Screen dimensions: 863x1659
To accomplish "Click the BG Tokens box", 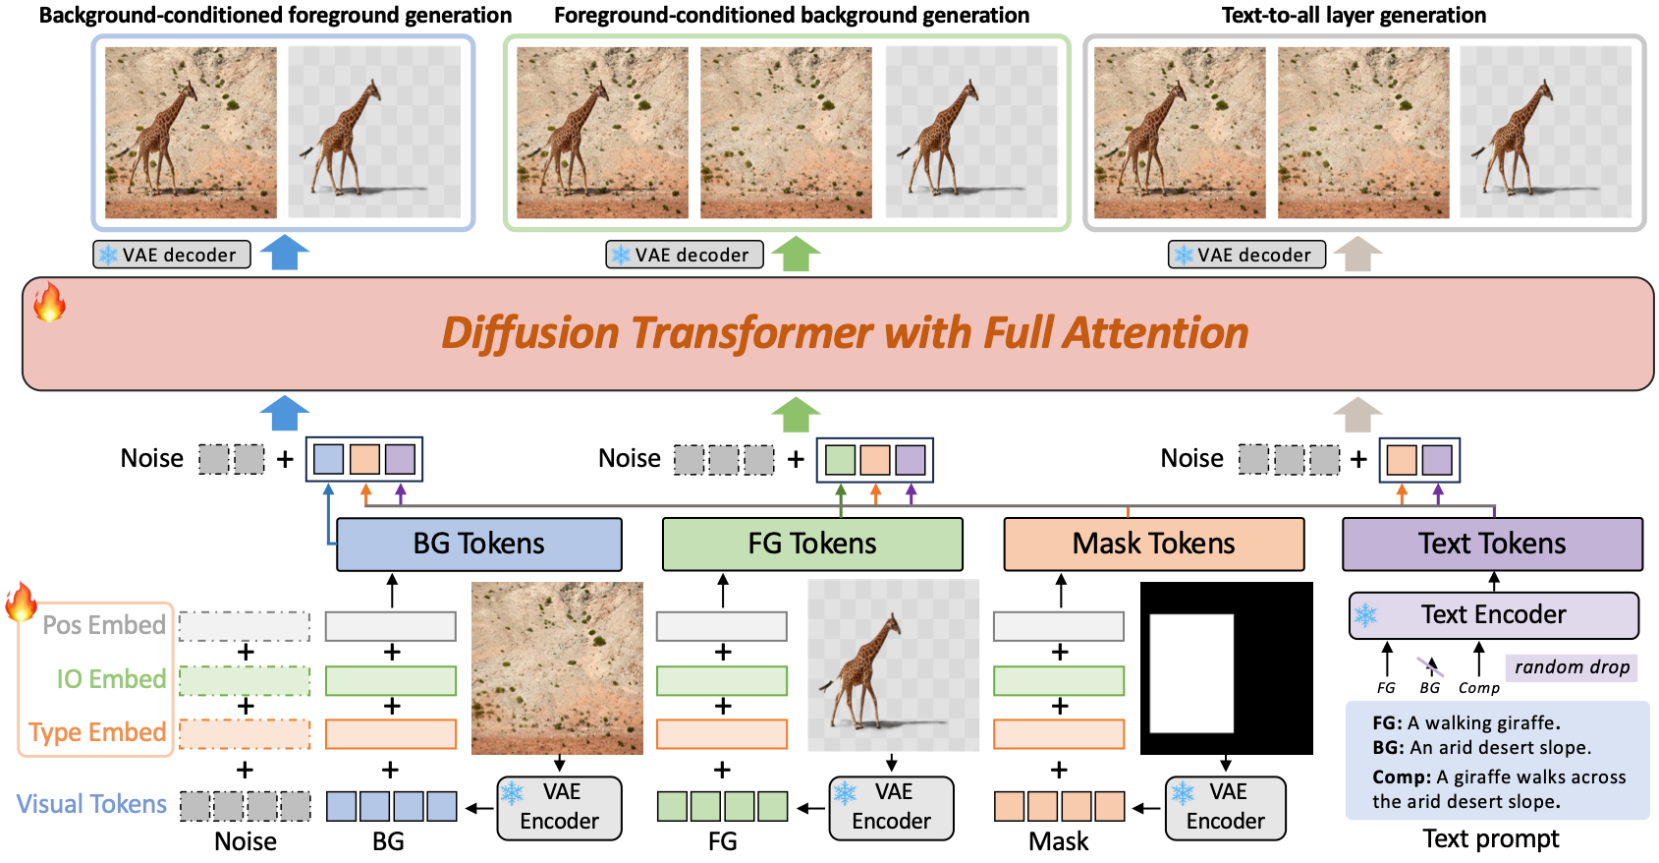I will pyautogui.click(x=478, y=544).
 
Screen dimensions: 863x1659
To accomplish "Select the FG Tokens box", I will pyautogui.click(x=811, y=544).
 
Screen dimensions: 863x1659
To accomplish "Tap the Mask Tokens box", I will pyautogui.click(x=1153, y=544).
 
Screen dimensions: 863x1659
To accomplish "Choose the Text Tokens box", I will pyautogui.click(x=1491, y=544).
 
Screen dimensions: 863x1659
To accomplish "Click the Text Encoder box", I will pyautogui.click(x=1493, y=614).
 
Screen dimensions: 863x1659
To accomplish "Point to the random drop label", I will pyautogui.click(x=1571, y=667).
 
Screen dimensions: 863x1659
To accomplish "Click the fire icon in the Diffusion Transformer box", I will pyautogui.click(x=49, y=303).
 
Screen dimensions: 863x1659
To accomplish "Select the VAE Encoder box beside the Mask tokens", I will pyautogui.click(x=1225, y=807).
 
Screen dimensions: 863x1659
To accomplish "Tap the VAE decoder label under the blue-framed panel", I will pyautogui.click(x=172, y=255).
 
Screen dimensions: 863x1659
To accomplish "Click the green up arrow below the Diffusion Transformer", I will pyautogui.click(x=795, y=414).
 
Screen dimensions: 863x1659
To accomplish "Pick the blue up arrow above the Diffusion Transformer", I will pyautogui.click(x=285, y=253).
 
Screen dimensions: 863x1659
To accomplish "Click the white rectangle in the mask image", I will pyautogui.click(x=1190, y=673).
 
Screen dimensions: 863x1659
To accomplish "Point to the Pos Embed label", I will pyautogui.click(x=104, y=625).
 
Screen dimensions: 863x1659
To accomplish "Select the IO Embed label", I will pyautogui.click(x=111, y=679).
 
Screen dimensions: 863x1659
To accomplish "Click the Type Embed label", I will pyautogui.click(x=97, y=732).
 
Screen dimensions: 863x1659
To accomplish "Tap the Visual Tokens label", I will pyautogui.click(x=91, y=804).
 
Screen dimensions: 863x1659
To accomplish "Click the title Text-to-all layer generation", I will pyautogui.click(x=1353, y=15).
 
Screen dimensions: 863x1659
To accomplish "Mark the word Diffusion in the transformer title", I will pyautogui.click(x=531, y=333).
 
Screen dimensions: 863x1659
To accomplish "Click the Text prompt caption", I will pyautogui.click(x=1490, y=838).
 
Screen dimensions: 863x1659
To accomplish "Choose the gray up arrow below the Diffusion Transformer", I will pyautogui.click(x=1357, y=414).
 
